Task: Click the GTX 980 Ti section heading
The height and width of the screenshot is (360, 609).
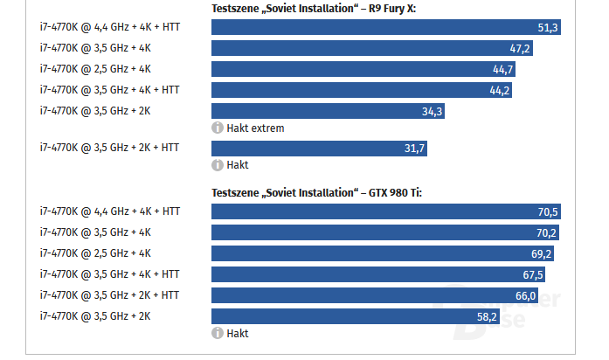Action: [317, 192]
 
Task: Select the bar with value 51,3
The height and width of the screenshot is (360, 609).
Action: [385, 28]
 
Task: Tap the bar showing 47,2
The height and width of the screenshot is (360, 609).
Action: [371, 49]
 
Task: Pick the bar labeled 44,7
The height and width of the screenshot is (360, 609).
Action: [363, 69]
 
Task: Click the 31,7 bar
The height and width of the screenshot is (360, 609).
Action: [320, 149]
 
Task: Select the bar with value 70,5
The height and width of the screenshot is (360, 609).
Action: [385, 211]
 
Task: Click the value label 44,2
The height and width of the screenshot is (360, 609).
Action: [500, 90]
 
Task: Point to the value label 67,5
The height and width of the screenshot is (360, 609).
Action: [533, 274]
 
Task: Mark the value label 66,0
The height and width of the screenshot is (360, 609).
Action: [525, 295]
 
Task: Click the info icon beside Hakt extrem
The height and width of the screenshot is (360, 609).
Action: [217, 128]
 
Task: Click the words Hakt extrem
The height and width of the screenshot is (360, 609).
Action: [255, 128]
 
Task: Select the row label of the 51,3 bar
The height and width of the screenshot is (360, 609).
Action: [109, 28]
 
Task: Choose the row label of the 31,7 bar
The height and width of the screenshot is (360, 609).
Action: [109, 148]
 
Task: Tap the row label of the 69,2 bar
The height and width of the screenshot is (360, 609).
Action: [95, 253]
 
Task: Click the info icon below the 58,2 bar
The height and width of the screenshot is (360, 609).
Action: [217, 334]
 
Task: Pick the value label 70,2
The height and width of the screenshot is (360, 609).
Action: [547, 232]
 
